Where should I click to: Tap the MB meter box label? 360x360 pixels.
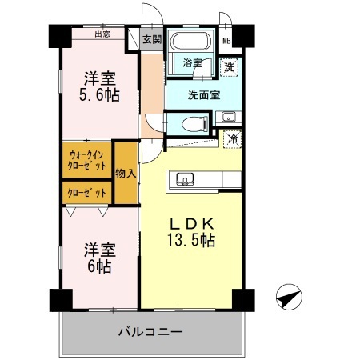226,39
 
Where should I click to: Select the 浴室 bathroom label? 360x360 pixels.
192,62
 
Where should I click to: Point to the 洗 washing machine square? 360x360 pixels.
230,67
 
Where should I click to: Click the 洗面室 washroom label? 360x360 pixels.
204,95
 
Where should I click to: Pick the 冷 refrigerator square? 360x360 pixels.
232,138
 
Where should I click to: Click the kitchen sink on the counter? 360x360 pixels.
184,178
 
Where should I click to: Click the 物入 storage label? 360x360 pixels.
126,172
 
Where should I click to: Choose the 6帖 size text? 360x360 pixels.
101,263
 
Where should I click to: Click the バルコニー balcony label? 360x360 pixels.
151,331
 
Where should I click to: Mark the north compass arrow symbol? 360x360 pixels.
288,297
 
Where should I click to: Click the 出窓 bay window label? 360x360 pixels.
102,34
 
